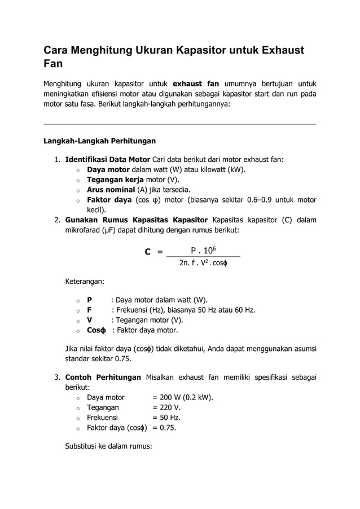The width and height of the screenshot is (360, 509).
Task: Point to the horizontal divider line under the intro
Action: tap(180, 124)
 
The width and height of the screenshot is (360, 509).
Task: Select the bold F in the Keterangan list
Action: tap(89, 310)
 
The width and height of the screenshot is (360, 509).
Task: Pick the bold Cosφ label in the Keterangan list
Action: tap(96, 330)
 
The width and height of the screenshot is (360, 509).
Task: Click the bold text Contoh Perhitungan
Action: tap(103, 377)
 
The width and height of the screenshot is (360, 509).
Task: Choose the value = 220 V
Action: tap(167, 407)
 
